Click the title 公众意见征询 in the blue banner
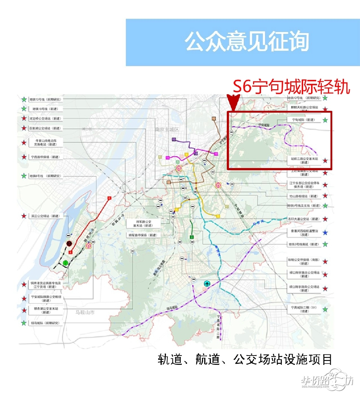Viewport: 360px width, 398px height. pyautogui.click(x=247, y=42)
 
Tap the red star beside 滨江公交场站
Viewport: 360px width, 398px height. pyautogui.click(x=24, y=216)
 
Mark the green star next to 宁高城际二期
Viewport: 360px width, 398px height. pyautogui.click(x=325, y=309)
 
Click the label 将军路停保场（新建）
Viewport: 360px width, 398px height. pyautogui.click(x=143, y=235)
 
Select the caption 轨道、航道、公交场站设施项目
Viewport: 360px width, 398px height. pyautogui.click(x=245, y=359)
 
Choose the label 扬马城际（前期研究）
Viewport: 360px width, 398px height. pyautogui.click(x=45, y=323)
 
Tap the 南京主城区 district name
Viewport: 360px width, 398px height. pyautogui.click(x=166, y=129)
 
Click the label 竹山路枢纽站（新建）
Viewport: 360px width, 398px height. pyautogui.click(x=303, y=196)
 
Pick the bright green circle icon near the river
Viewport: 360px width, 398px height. pyautogui.click(x=66, y=263)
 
